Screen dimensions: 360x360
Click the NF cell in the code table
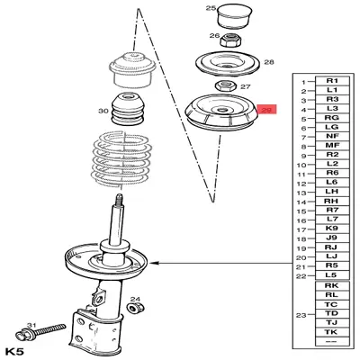coord(332,136)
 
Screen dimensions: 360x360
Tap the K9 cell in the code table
coord(332,229)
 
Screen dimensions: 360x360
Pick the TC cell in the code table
coord(332,303)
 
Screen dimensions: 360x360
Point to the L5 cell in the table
coord(332,274)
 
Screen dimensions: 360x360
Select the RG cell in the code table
coord(332,118)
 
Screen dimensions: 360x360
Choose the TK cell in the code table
coord(332,332)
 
